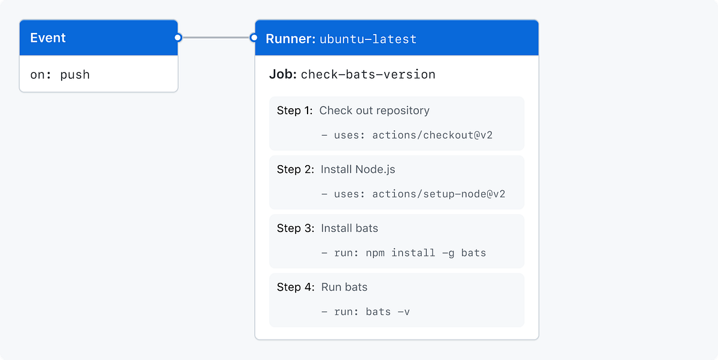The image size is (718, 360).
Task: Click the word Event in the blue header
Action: click(48, 38)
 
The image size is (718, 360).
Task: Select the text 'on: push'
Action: click(60, 75)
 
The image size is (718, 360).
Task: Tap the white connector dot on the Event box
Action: click(178, 38)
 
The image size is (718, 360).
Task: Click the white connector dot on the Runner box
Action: click(254, 38)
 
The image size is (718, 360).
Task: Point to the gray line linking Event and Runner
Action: click(216, 38)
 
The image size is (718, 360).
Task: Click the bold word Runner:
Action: click(290, 39)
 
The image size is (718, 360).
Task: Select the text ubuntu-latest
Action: click(368, 39)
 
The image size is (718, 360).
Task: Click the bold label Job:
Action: click(283, 75)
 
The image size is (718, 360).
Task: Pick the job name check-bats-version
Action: click(368, 75)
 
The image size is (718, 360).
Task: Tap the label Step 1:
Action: click(295, 111)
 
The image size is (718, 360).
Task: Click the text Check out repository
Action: click(375, 111)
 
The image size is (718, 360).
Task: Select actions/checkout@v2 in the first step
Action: click(432, 135)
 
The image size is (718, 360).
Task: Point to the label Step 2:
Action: click(295, 169)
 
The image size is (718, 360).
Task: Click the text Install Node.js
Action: click(358, 169)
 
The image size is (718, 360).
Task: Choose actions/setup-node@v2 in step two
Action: click(439, 194)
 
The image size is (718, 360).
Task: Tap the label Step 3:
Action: click(295, 228)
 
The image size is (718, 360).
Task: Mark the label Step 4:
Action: click(295, 287)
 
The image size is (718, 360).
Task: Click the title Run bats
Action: click(344, 287)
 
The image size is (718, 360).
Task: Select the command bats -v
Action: click(388, 312)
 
